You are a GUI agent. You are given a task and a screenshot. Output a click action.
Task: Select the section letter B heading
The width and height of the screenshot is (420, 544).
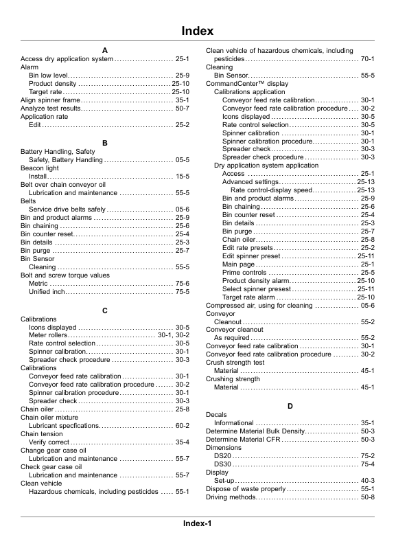pos(105,143)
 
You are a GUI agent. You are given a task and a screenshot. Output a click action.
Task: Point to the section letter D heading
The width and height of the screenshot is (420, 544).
pos(290,407)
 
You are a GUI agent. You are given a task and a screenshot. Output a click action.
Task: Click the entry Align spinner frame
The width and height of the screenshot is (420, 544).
pos(51,100)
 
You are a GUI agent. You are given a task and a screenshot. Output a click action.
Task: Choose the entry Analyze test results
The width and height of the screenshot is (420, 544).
pos(51,109)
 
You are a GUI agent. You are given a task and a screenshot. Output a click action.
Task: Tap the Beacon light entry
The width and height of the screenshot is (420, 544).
pos(40,168)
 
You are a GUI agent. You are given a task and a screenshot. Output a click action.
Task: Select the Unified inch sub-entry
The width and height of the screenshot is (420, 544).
pos(47,292)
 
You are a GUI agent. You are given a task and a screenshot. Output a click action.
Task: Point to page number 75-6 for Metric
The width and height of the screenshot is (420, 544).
pos(182,284)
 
